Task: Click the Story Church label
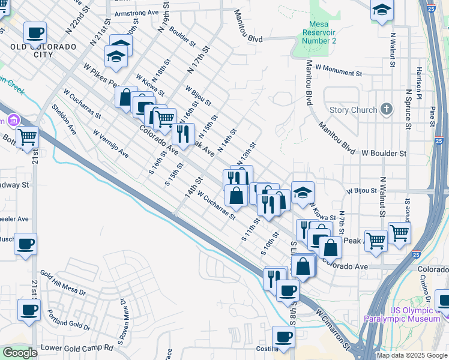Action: pos(354,110)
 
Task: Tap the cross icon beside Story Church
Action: pos(387,110)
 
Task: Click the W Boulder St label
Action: pos(384,154)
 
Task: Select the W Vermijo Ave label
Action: pos(110,145)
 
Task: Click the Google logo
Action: pos(20,353)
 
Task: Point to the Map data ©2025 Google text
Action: pos(412,355)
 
